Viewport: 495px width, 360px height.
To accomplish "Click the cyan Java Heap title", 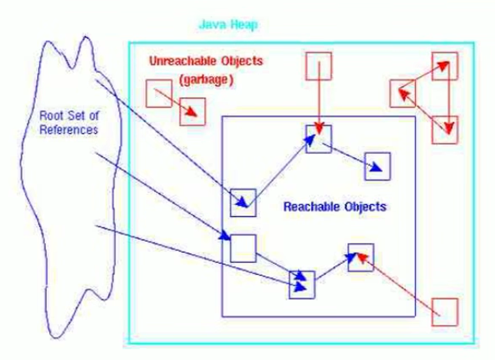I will point(228,25).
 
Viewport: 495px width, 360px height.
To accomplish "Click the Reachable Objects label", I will point(334,207).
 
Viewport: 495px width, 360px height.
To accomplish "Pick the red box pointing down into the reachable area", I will point(318,66).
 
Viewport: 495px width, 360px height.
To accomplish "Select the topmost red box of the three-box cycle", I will point(444,66).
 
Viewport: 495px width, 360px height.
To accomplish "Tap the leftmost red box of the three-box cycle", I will point(402,93).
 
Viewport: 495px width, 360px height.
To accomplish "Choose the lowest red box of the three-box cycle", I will point(444,130).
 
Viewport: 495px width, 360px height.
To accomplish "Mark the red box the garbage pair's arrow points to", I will point(193,112).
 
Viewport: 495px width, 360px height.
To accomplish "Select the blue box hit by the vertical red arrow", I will point(318,139).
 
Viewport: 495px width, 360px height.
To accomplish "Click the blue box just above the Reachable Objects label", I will point(377,166).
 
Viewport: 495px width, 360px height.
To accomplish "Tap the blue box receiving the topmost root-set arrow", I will point(243,202).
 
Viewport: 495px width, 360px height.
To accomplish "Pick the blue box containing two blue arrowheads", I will point(302,284).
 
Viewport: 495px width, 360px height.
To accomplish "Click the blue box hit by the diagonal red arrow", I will point(360,256).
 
